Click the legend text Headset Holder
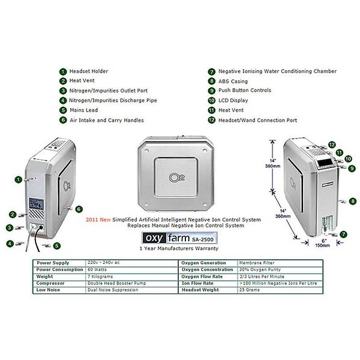point(89,71)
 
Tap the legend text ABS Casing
point(232,81)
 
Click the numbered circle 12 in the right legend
point(212,120)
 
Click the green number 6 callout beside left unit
point(79,208)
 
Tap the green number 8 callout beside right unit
point(353,201)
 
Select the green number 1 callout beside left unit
point(19,179)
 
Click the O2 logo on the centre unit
point(177,177)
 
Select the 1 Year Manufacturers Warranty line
point(178,248)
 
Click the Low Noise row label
point(49,290)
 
